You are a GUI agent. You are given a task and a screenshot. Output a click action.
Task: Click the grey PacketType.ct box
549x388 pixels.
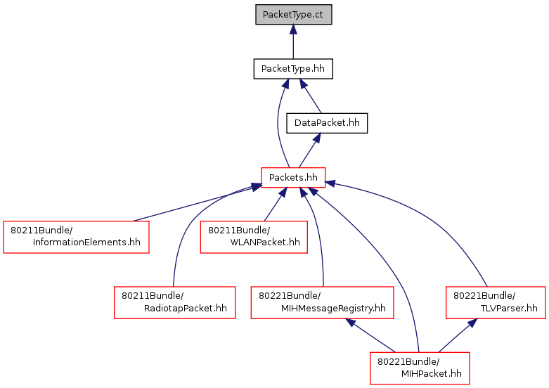pos(293,15)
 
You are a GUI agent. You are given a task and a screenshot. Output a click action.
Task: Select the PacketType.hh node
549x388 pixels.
pos(293,69)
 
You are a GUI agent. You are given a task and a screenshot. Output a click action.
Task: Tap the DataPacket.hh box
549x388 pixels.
pos(327,123)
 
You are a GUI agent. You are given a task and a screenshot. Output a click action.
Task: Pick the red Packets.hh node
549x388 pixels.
pos(293,178)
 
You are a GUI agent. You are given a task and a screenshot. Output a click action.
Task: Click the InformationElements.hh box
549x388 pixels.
pos(77,237)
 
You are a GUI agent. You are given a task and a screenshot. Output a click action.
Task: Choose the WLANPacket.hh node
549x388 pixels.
pos(254,237)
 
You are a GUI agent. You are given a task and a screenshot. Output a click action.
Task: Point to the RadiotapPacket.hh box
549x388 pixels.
pos(174,302)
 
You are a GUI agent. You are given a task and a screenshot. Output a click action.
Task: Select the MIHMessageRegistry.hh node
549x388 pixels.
pos(322,302)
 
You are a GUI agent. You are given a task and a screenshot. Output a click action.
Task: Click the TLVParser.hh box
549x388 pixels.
pos(496,302)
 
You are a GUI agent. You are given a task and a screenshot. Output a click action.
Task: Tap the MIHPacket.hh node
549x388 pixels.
pos(420,368)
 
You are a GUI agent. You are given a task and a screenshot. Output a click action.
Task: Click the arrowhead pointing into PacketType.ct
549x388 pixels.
pos(293,30)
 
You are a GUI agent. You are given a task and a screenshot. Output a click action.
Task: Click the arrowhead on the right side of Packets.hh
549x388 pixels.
pos(330,183)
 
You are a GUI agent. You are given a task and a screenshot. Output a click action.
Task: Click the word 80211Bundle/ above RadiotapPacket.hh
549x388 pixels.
pos(153,296)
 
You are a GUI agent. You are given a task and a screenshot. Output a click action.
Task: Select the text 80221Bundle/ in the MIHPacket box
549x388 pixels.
pos(408,361)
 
